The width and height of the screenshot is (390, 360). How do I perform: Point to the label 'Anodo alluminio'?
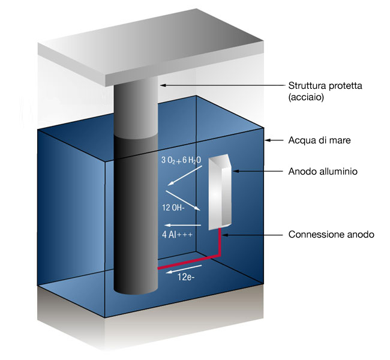coord(323,172)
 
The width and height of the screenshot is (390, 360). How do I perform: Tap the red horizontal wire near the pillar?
coord(186,265)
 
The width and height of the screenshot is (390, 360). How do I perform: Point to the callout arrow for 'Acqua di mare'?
coord(276,140)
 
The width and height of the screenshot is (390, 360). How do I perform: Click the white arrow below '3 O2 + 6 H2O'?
coord(184,178)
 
